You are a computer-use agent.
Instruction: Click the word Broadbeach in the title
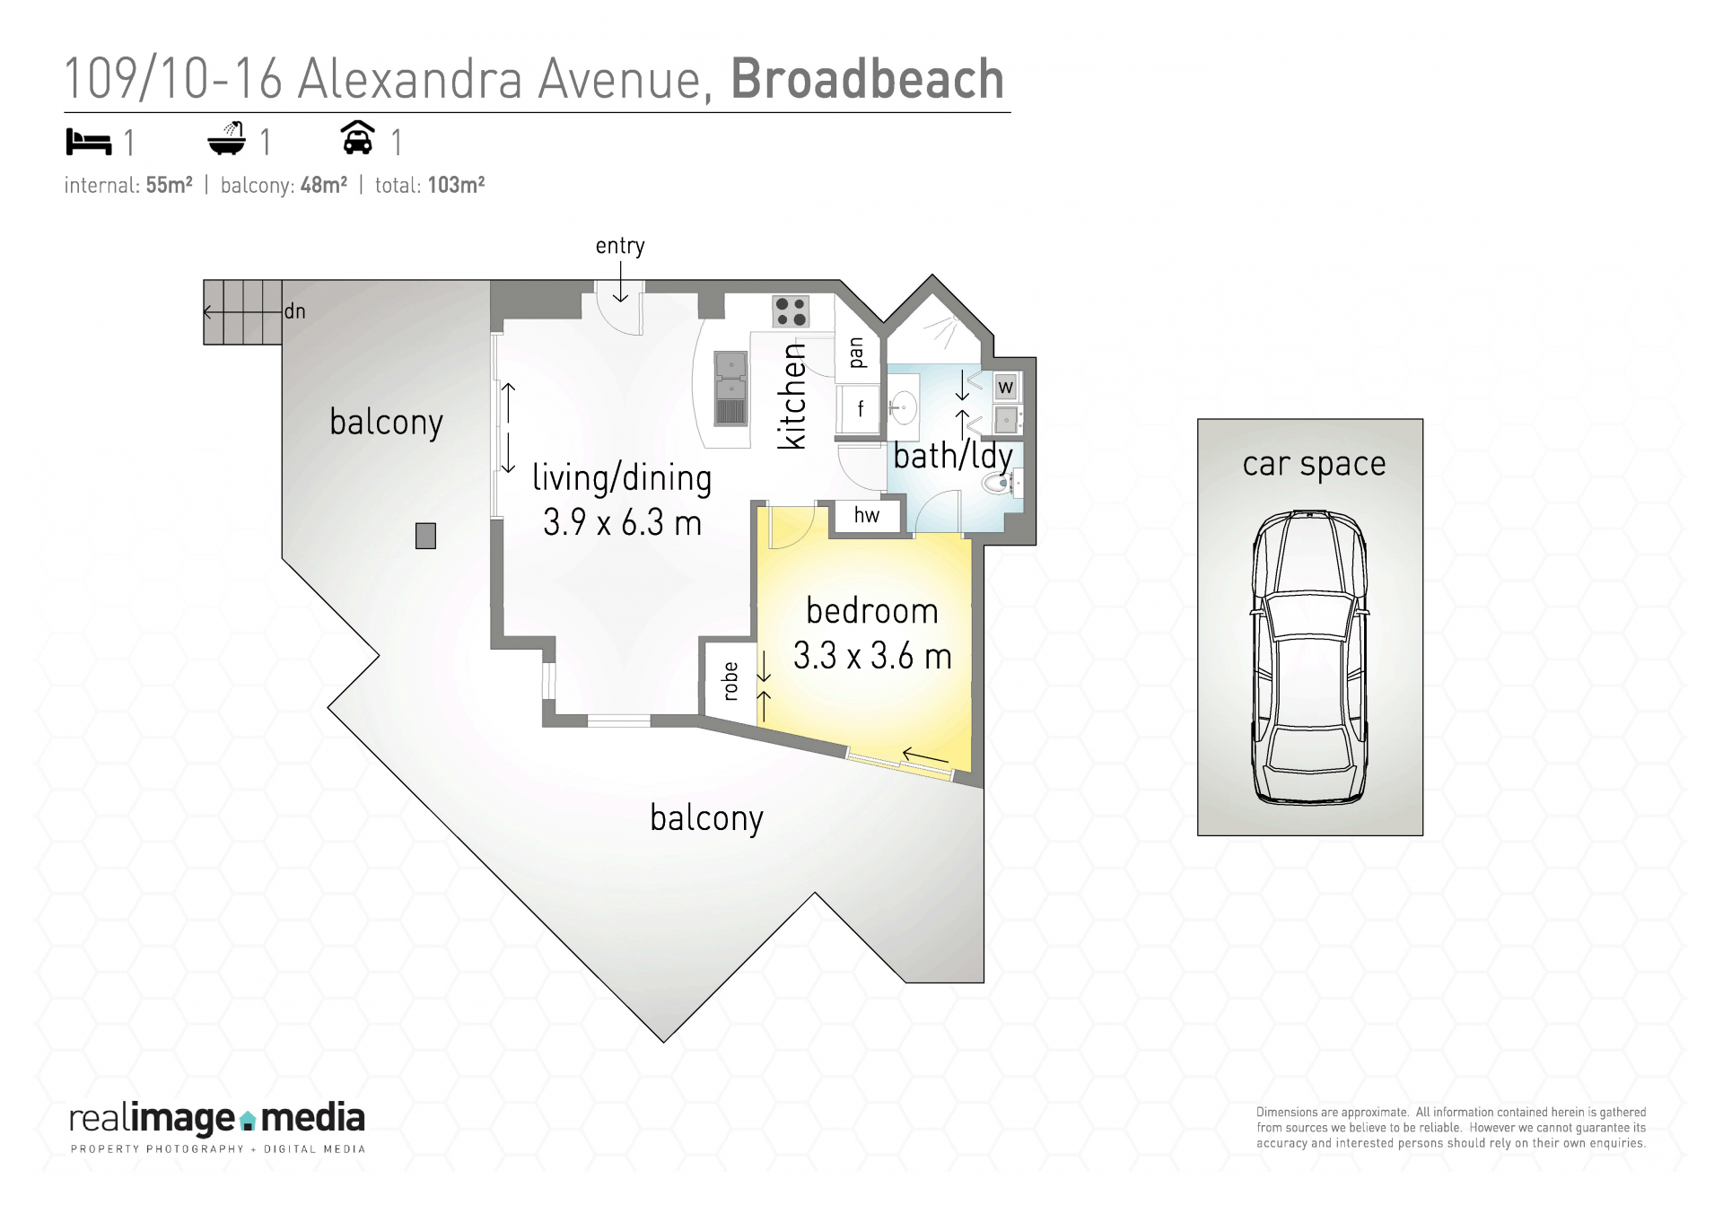pyautogui.click(x=867, y=79)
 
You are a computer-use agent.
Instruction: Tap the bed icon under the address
pyautogui.click(x=89, y=142)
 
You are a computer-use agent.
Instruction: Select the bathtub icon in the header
pyautogui.click(x=227, y=139)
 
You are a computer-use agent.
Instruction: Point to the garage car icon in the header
pyautogui.click(x=358, y=138)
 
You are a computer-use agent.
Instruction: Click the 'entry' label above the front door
pyautogui.click(x=620, y=247)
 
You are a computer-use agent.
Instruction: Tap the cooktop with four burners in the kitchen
pyautogui.click(x=791, y=311)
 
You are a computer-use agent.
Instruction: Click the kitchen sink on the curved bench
pyautogui.click(x=730, y=388)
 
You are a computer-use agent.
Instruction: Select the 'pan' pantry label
pyautogui.click(x=856, y=353)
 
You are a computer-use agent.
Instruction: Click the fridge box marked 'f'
pyautogui.click(x=858, y=409)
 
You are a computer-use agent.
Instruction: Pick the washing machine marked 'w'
pyautogui.click(x=1005, y=388)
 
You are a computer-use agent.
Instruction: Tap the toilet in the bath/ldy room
pyautogui.click(x=1002, y=485)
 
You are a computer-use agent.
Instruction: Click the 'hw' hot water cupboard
pyautogui.click(x=866, y=515)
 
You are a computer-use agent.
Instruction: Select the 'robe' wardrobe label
pyautogui.click(x=730, y=681)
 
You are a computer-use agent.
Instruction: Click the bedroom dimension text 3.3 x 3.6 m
pyautogui.click(x=872, y=656)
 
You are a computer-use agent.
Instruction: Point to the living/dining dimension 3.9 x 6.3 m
pyautogui.click(x=622, y=522)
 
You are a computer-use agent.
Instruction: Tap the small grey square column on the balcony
pyautogui.click(x=425, y=536)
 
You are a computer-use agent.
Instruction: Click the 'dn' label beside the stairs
pyautogui.click(x=295, y=311)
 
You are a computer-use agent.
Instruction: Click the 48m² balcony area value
pyautogui.click(x=323, y=185)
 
